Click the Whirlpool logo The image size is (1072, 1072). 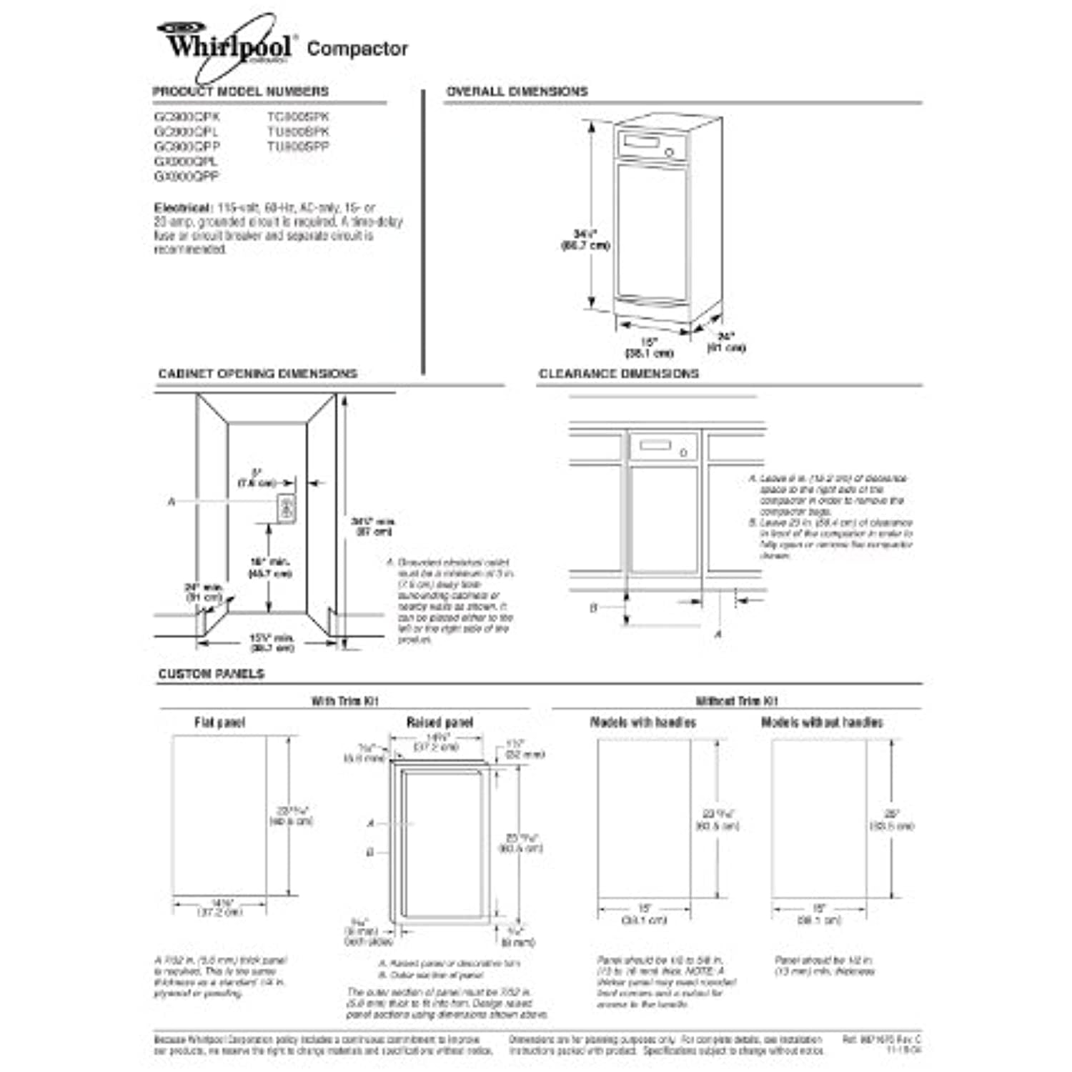click(227, 46)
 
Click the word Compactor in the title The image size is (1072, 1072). click(357, 49)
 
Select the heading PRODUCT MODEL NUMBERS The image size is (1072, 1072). click(240, 91)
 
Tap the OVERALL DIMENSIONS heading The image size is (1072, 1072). click(517, 91)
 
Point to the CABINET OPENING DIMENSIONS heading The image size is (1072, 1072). click(257, 374)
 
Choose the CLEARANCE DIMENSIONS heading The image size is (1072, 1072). click(618, 374)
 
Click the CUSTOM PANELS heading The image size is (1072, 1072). click(211, 674)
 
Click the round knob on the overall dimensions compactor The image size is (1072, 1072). click(670, 152)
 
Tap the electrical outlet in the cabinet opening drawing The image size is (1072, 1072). click(287, 509)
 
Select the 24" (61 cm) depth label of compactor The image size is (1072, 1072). click(726, 342)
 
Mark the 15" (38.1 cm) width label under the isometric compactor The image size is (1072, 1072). click(649, 347)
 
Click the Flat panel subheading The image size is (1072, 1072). click(219, 723)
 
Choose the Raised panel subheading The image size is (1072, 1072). click(440, 723)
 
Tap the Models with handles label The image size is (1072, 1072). click(642, 723)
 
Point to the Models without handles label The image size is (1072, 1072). click(822, 723)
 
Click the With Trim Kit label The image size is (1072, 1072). click(344, 701)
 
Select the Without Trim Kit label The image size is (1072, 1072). click(737, 701)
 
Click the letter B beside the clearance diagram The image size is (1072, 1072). click(593, 608)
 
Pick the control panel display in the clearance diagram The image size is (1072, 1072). click(655, 446)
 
